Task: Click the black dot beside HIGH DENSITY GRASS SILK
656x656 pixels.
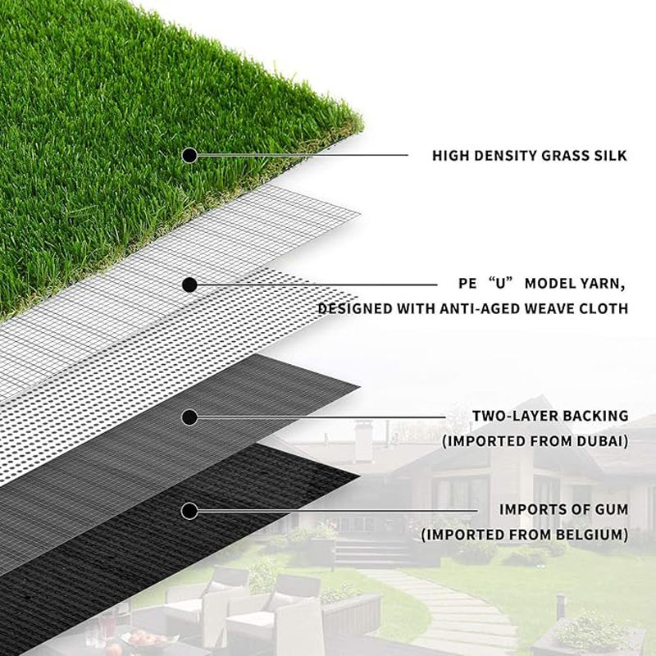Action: [x=189, y=154]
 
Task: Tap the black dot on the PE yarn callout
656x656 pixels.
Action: [x=189, y=285]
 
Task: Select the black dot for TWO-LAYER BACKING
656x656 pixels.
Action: [x=189, y=417]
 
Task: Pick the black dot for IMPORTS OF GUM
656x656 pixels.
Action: [x=189, y=511]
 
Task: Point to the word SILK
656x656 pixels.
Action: [x=610, y=154]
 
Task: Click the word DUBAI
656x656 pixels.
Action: [x=596, y=441]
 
